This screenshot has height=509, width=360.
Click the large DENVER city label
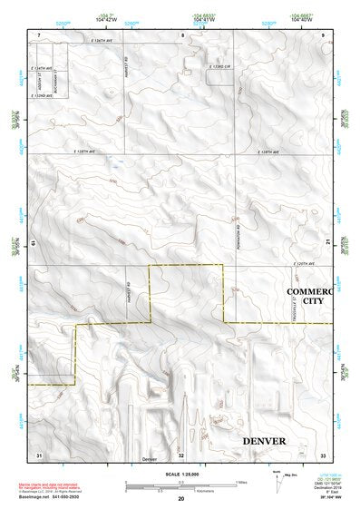(264, 440)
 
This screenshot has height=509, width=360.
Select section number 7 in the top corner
(39, 34)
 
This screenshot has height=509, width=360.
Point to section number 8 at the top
(181, 34)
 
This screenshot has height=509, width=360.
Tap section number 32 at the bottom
(181, 454)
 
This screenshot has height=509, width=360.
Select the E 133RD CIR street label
(221, 67)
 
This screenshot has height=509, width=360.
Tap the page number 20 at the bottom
(181, 499)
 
